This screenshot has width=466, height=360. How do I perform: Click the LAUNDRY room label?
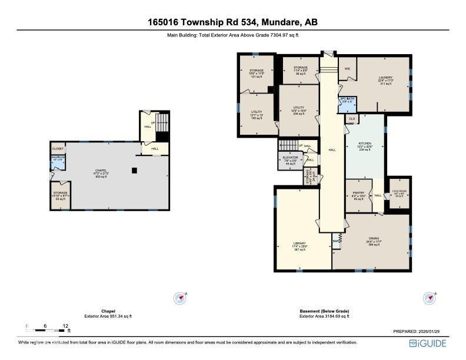click(x=385, y=78)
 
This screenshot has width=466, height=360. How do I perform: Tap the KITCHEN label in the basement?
click(x=365, y=144)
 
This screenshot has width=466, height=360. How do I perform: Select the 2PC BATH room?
click(x=346, y=100)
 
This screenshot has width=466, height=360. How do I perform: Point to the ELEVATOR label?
click(x=289, y=158)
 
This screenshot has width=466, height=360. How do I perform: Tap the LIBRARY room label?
click(x=299, y=244)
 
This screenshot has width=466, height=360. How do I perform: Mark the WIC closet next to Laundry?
click(x=347, y=68)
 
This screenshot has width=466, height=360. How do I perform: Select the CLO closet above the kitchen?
click(x=351, y=118)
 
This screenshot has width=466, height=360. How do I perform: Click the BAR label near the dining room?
click(x=336, y=241)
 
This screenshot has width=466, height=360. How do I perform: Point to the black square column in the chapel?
click(x=135, y=171)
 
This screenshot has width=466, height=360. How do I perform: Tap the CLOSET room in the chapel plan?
click(x=58, y=149)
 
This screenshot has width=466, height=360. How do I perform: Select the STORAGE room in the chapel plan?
click(x=60, y=195)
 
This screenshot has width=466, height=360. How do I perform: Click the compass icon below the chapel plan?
click(x=180, y=298)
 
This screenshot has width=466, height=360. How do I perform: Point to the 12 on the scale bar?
click(x=65, y=325)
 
